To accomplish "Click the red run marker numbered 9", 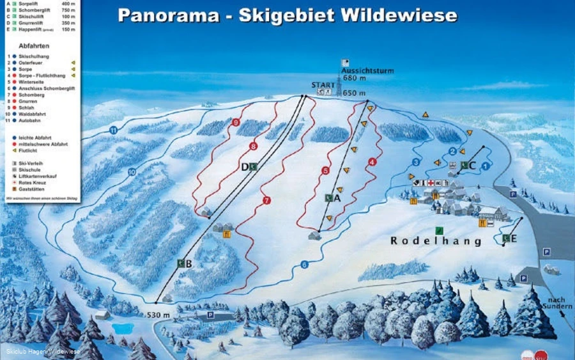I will click(236, 122).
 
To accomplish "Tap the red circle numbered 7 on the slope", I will click(266, 201).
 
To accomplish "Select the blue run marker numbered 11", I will click(114, 130).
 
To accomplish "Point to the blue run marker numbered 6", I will click(304, 265).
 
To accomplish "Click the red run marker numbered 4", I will click(372, 162).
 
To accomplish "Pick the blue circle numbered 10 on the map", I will click(132, 171).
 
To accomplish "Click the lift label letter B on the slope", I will click(182, 263).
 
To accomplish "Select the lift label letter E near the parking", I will click(506, 239).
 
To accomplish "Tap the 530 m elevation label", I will click(158, 315).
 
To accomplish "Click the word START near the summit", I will click(323, 85).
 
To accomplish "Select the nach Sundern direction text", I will click(558, 302).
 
